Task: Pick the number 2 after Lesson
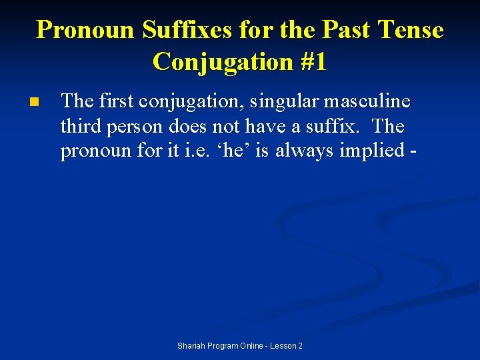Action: tap(300, 346)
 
